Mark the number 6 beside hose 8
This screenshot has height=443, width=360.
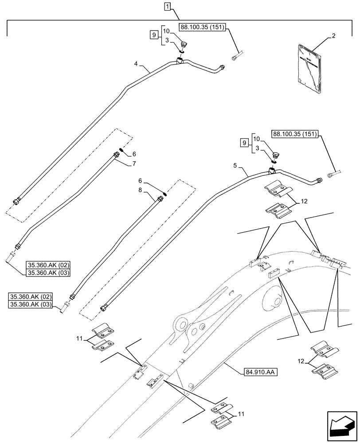point(141,181)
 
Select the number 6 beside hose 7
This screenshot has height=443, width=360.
point(134,154)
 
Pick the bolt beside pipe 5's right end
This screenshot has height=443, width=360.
point(334,174)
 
